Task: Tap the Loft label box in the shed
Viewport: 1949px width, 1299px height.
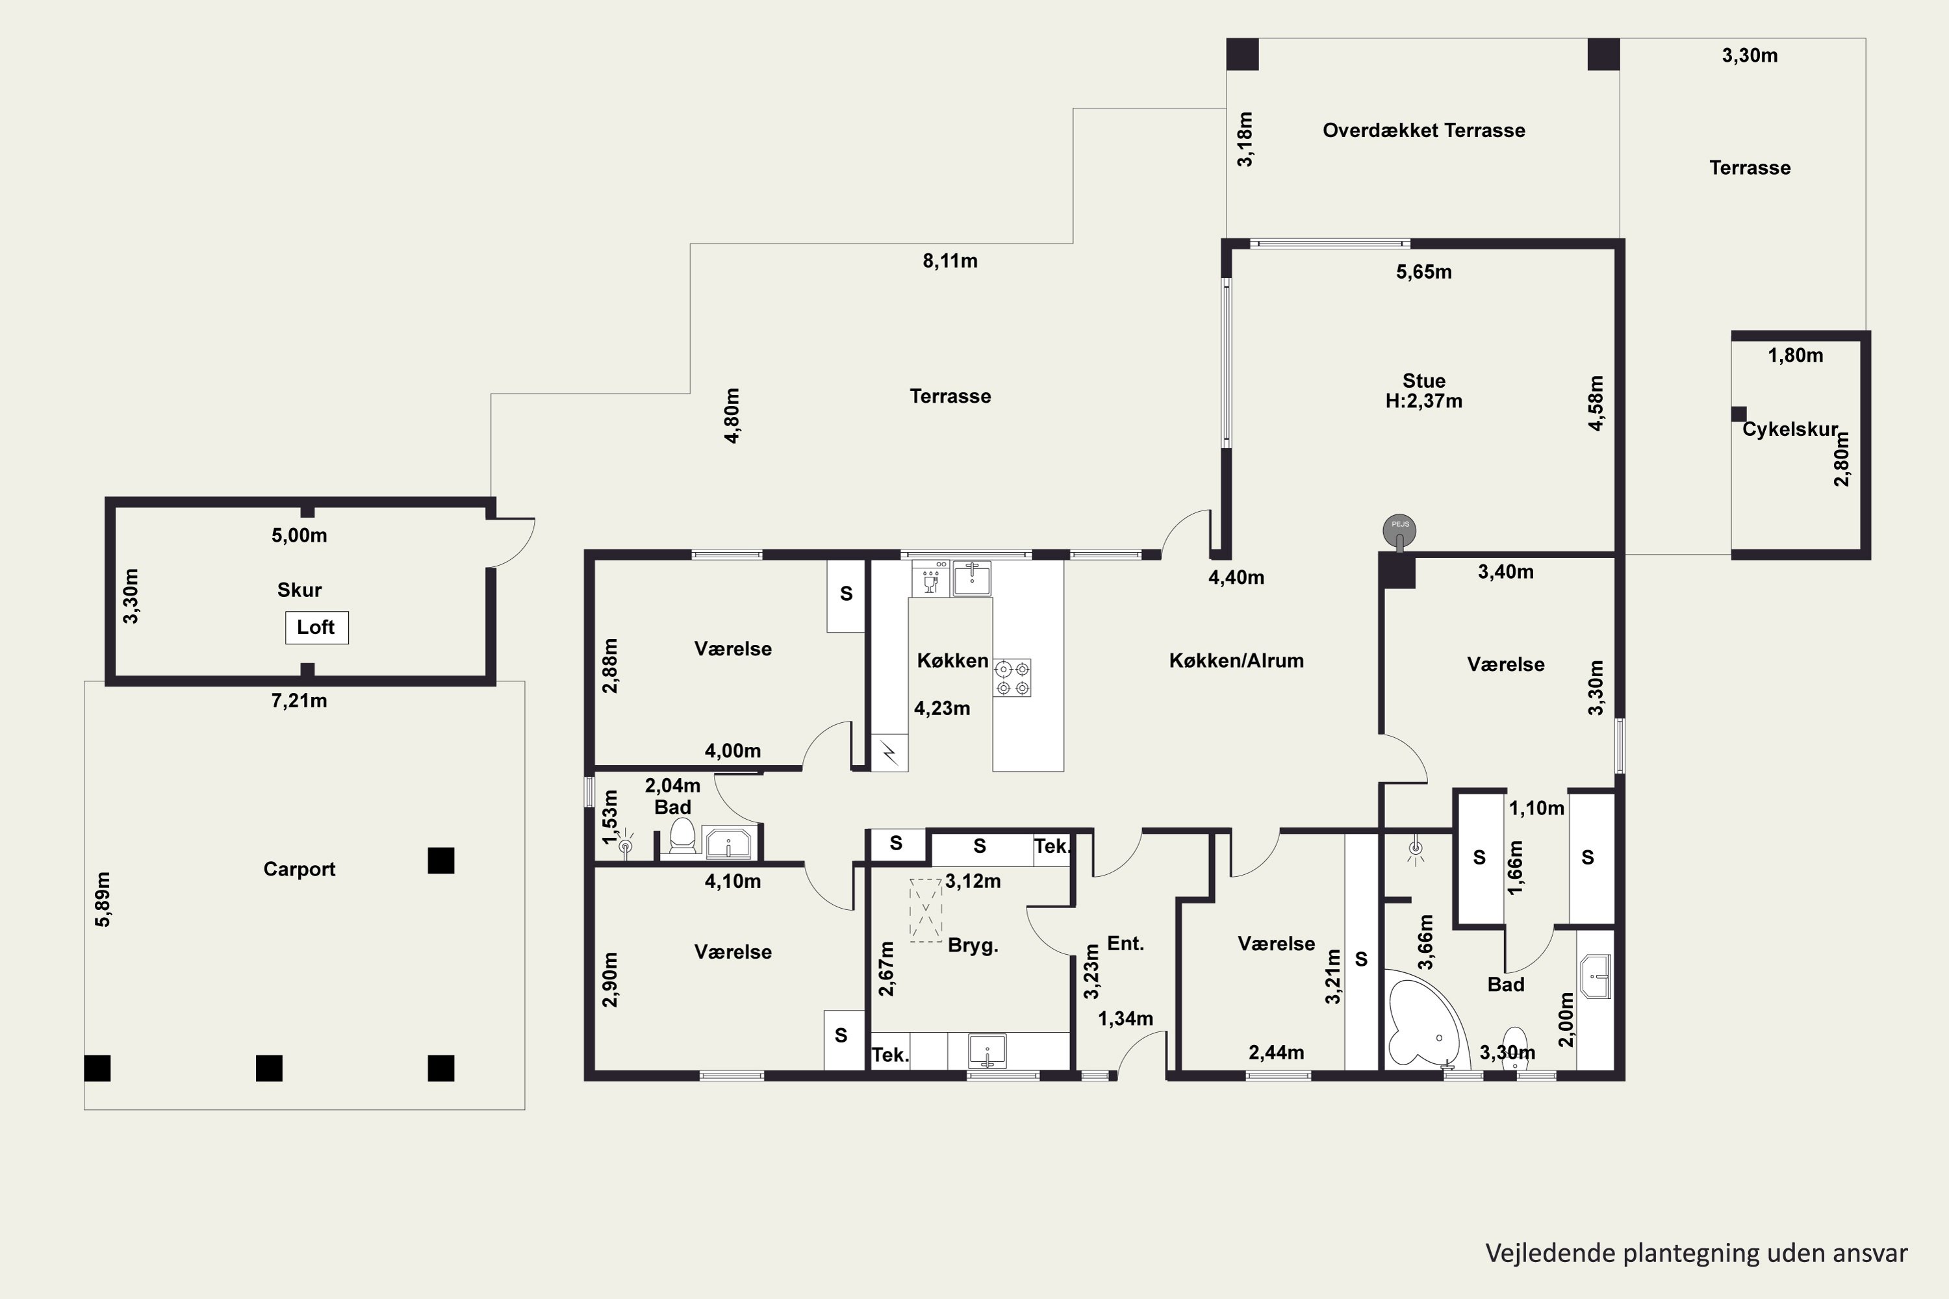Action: click(x=316, y=627)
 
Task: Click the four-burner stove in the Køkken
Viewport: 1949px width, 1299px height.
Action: click(x=1013, y=677)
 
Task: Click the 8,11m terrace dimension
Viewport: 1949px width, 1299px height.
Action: click(x=950, y=261)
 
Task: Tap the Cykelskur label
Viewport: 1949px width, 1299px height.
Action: click(x=1790, y=429)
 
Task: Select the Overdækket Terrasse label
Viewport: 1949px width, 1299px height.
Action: click(x=1423, y=130)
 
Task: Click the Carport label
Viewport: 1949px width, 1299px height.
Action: click(x=299, y=869)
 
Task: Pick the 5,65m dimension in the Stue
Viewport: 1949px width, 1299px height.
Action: click(x=1423, y=271)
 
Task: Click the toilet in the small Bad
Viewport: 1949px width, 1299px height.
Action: click(x=682, y=835)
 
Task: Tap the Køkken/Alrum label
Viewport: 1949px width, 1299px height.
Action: click(x=1236, y=661)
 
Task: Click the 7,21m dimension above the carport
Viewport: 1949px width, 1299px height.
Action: click(x=299, y=701)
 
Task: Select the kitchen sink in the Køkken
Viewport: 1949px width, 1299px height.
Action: click(x=972, y=578)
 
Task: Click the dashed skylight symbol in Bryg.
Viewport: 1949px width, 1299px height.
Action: click(x=926, y=910)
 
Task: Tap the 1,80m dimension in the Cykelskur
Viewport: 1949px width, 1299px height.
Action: click(x=1796, y=355)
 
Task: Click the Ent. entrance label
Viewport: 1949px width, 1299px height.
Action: click(x=1125, y=944)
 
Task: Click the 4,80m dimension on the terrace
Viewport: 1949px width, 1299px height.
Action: click(x=733, y=416)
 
